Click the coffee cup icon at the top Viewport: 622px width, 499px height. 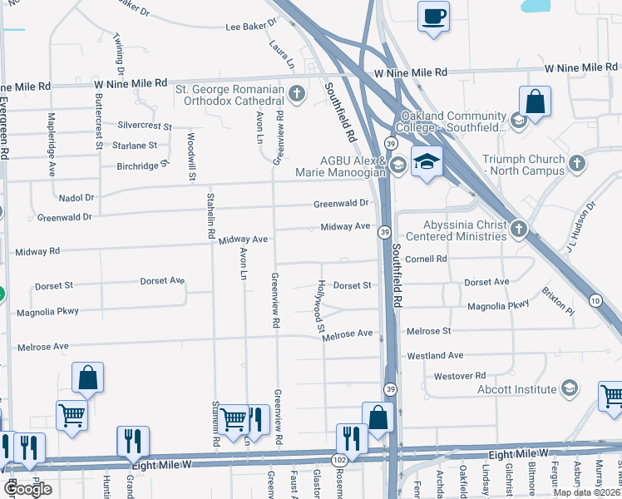coord(432,17)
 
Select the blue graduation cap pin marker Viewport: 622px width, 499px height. coord(427,162)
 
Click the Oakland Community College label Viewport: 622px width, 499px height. coord(453,121)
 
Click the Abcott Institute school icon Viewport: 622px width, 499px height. coord(570,388)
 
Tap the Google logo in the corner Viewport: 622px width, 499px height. coord(27,489)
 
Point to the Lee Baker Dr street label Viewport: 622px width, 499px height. coord(250,27)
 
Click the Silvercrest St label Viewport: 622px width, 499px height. coord(144,126)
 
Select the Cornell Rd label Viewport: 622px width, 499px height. coord(427,259)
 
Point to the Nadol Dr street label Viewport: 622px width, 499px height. coord(77,198)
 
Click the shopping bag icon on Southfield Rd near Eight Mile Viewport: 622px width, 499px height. coord(378,417)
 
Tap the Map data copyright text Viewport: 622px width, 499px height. coord(587,492)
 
